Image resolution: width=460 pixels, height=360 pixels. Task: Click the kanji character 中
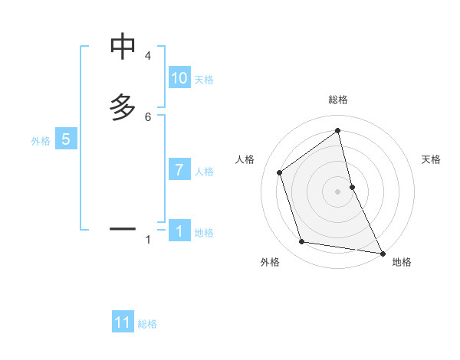123,47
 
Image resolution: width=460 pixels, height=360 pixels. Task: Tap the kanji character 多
123,107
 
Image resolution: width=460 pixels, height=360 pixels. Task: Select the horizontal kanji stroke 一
123,228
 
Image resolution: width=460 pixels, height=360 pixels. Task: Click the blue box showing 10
179,78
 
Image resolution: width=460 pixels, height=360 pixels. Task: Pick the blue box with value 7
179,170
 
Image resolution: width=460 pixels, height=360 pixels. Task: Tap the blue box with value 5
66,139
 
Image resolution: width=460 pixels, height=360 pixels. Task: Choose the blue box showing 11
123,322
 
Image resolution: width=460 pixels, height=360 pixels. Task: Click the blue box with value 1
179,231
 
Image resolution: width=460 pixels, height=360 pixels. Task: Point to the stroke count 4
148,56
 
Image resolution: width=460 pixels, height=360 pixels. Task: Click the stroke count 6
148,116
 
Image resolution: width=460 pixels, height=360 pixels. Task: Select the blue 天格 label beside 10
204,80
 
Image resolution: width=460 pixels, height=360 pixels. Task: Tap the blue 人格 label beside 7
204,172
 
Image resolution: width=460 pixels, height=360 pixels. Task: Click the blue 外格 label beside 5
41,141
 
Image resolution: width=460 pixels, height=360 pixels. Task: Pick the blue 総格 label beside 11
147,324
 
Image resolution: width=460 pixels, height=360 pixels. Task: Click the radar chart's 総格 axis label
338,100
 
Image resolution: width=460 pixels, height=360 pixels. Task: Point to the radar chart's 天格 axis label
431,159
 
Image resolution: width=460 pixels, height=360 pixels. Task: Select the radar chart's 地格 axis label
402,262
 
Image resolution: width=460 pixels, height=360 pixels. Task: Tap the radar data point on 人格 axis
280,172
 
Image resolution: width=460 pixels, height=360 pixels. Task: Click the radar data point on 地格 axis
381,252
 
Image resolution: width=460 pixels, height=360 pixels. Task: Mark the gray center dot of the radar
338,191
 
